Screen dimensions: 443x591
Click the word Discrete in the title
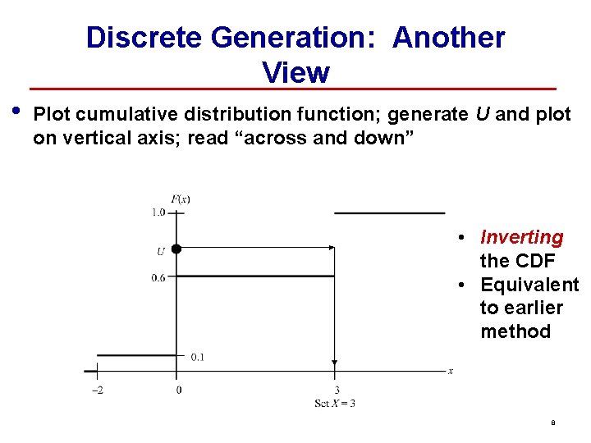pyautogui.click(x=144, y=37)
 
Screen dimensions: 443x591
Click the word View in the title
pyautogui.click(x=295, y=72)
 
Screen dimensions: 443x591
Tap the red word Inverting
pyautogui.click(x=521, y=238)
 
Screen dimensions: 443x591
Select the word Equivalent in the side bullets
pyautogui.click(x=529, y=285)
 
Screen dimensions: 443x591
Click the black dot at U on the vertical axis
pyautogui.click(x=176, y=248)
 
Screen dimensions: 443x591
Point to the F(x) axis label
pyautogui.click(x=181, y=199)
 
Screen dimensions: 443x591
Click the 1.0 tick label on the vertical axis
pyautogui.click(x=158, y=212)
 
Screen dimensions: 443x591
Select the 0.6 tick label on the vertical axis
pyautogui.click(x=158, y=277)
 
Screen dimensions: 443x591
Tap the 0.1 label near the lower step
pyautogui.click(x=197, y=357)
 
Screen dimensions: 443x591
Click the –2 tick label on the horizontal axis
pyautogui.click(x=97, y=390)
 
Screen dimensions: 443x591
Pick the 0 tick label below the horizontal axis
pyautogui.click(x=178, y=390)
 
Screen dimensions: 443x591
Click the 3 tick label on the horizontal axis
pyautogui.click(x=336, y=390)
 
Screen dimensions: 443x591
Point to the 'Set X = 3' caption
pyautogui.click(x=335, y=403)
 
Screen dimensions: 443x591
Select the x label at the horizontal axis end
pyautogui.click(x=450, y=372)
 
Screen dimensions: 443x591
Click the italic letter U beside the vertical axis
pyautogui.click(x=160, y=251)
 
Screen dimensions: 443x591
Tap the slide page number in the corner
pyautogui.click(x=552, y=423)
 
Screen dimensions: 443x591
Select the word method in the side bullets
pyautogui.click(x=515, y=331)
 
